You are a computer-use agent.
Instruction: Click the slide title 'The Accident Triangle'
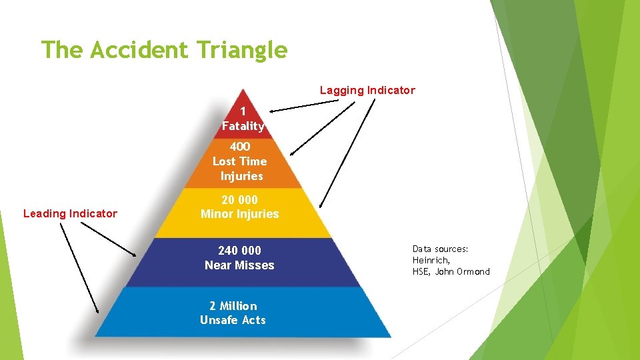pos(164,50)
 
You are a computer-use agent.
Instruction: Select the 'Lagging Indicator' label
pos(367,90)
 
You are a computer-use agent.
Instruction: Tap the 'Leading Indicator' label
pos(70,213)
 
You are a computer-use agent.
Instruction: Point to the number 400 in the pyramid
pos(240,147)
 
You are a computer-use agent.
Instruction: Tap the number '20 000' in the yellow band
pos(239,199)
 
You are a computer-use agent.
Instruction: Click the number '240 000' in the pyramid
pos(239,251)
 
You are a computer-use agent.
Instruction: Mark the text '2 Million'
pos(233,306)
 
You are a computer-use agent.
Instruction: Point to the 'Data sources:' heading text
pos(440,249)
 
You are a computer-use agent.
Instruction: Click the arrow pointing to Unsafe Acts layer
pos(79,267)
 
